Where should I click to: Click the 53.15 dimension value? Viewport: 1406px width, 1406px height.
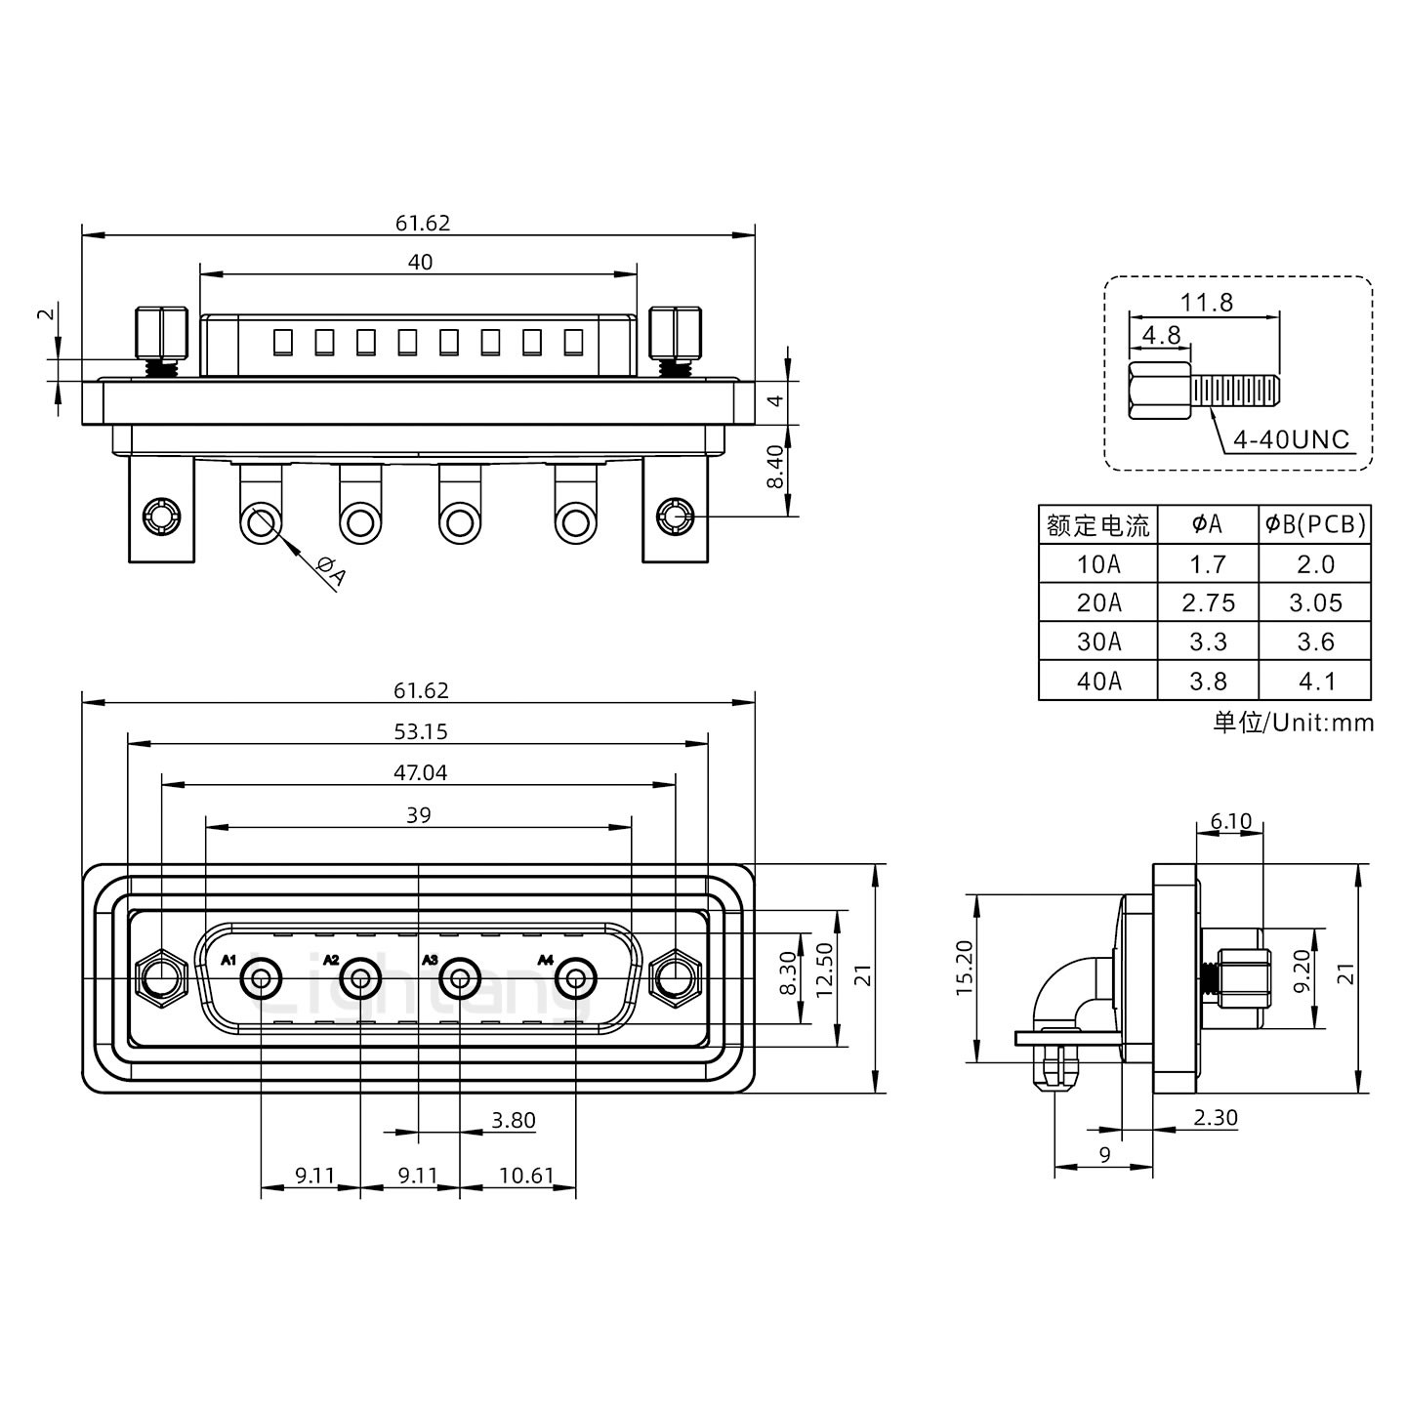pos(421,731)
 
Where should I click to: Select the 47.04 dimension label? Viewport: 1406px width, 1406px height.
pos(420,772)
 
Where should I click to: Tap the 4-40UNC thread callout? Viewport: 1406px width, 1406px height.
pos(1291,439)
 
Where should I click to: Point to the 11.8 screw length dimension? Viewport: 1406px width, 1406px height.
pos(1206,302)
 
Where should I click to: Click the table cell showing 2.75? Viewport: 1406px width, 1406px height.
pos(1208,603)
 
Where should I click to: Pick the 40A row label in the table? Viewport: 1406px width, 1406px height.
pos(1098,681)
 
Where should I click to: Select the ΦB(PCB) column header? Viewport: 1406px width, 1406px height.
pos(1315,524)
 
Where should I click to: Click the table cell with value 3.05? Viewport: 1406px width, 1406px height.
pos(1315,603)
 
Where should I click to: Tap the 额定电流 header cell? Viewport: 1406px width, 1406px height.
pos(1098,525)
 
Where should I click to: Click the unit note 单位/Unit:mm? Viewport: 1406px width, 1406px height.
pos(1293,723)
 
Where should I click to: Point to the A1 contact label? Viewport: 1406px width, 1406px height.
pos(229,961)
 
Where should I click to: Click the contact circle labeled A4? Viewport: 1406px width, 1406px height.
pos(576,977)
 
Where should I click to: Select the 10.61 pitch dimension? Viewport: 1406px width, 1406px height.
pos(526,1176)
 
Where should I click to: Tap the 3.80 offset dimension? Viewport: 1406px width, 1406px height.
pos(514,1120)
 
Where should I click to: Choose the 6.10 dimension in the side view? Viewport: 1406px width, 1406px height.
pos(1230,821)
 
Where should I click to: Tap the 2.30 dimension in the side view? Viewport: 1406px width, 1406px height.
pos(1215,1117)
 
